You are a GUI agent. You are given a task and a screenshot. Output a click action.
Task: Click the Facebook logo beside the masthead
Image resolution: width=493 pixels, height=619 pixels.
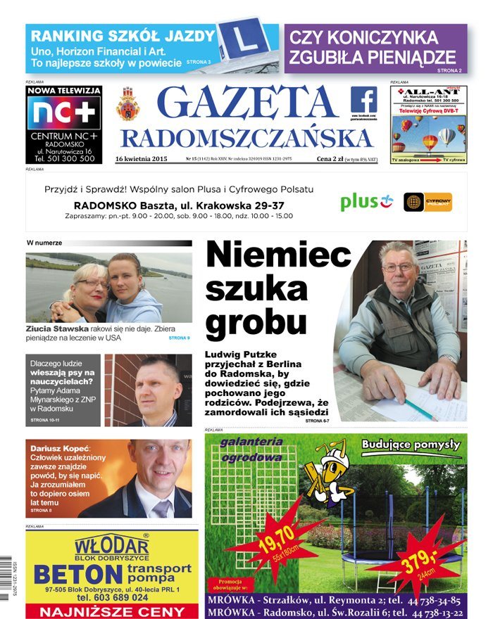363,100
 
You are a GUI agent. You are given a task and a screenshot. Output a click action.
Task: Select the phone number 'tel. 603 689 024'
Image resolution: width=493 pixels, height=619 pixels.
113,597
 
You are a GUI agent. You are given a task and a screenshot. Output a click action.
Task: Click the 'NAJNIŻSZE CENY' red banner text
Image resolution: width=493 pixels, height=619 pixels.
112,611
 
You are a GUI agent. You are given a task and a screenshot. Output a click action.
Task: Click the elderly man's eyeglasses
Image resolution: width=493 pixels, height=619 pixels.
398,267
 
